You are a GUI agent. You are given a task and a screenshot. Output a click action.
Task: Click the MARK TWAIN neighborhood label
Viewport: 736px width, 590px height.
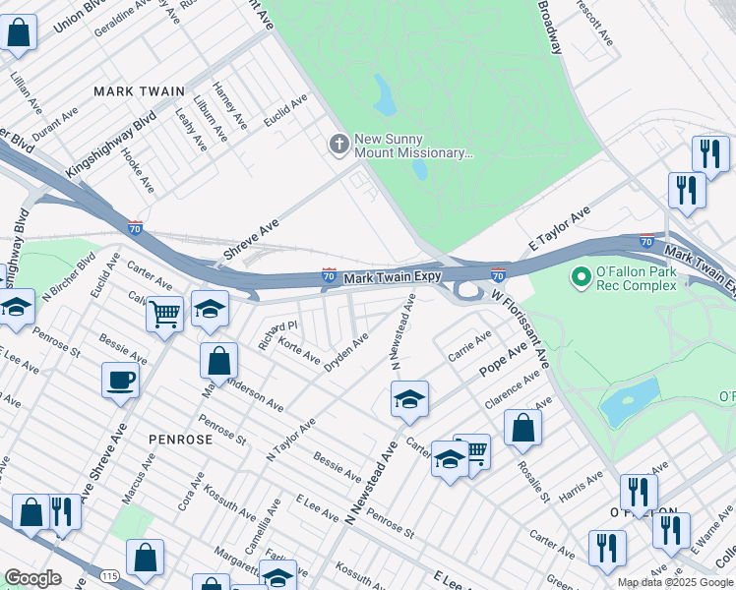[139, 90]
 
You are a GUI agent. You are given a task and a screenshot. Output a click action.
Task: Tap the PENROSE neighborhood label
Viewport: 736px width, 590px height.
[180, 439]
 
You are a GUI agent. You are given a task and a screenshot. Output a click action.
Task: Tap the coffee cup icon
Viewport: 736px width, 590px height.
[121, 380]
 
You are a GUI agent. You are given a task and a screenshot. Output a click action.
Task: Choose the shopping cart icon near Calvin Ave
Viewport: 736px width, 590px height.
[165, 314]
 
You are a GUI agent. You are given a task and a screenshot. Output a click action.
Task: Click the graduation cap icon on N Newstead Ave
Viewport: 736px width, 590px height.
[409, 398]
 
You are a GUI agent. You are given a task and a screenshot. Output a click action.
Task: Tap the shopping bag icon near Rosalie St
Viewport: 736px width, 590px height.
[523, 427]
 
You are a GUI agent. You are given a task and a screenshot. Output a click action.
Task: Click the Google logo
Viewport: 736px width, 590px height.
[32, 578]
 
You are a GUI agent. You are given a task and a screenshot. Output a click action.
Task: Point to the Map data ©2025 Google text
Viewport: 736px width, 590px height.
[675, 582]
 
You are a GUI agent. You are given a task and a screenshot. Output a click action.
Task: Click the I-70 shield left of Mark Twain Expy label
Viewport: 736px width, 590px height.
[330, 278]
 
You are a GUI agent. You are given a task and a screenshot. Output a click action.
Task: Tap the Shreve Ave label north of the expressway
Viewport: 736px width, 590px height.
[251, 240]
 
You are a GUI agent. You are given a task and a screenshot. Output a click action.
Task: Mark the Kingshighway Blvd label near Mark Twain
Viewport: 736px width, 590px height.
[110, 148]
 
